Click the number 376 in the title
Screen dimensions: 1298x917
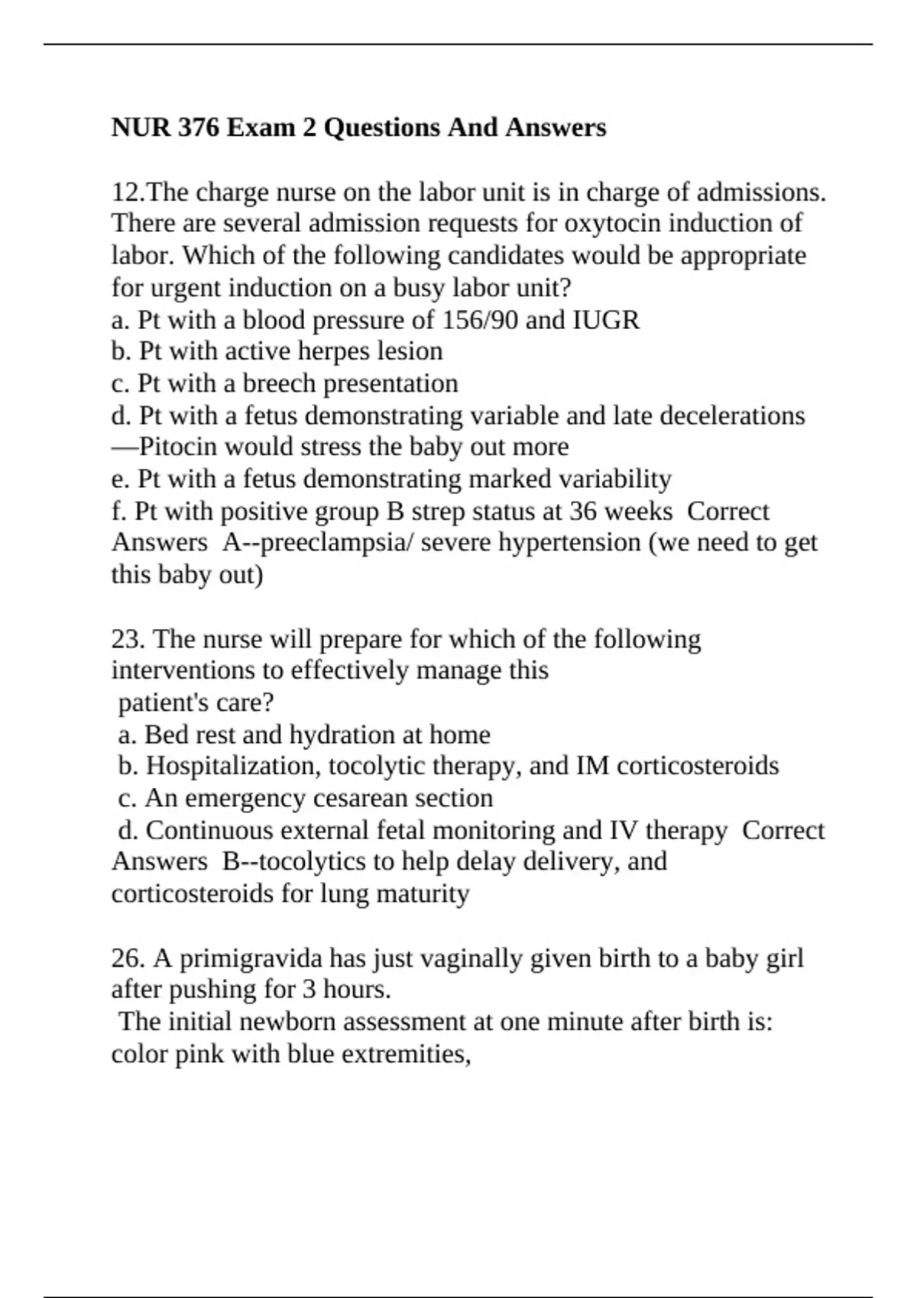tap(198, 127)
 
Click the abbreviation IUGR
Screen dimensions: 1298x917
tap(605, 319)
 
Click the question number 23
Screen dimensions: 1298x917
tap(128, 638)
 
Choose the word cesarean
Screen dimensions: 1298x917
tap(361, 798)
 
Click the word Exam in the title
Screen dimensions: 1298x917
tap(261, 127)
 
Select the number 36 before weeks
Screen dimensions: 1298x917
tap(583, 511)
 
